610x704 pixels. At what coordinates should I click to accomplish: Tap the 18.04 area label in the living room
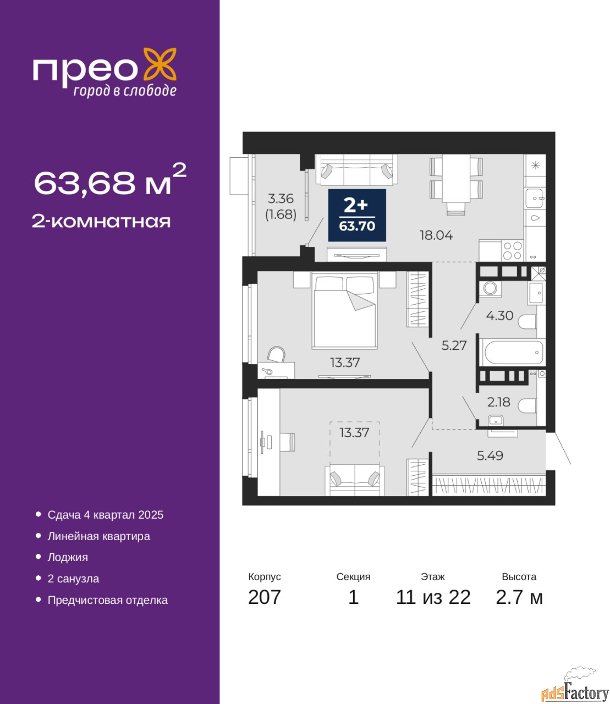coord(436,235)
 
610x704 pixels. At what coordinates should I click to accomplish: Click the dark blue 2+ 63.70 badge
coord(357,215)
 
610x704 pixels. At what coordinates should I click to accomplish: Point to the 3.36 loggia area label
coord(281,198)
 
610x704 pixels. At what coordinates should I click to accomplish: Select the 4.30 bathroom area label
coord(499,315)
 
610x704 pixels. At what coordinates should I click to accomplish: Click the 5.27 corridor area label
coord(454,345)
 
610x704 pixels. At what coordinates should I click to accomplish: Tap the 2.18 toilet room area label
coord(499,402)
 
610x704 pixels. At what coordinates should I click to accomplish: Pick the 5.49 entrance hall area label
coord(490,455)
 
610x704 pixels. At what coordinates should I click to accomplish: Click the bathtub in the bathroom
coord(514,352)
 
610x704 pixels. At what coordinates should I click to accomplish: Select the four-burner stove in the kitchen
coord(512,250)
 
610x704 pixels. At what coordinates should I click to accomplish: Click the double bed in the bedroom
coord(345,312)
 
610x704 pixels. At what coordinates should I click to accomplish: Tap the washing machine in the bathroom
coord(490,289)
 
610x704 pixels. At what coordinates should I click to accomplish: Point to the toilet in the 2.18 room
coord(527,406)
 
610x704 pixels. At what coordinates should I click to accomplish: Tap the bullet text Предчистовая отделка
coord(108,600)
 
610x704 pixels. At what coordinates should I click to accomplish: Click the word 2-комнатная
coord(101,222)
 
